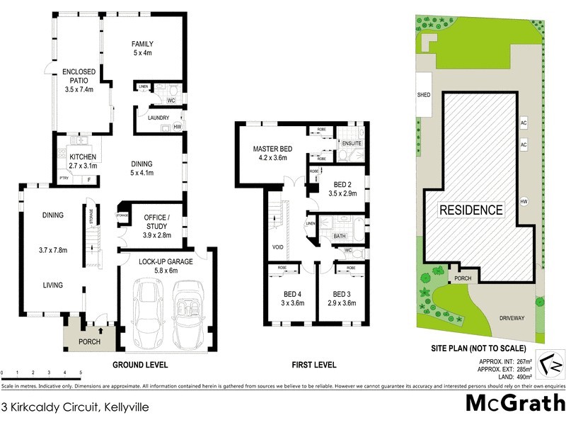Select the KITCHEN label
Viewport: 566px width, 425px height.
coord(83,157)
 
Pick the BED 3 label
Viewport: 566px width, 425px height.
coord(341,294)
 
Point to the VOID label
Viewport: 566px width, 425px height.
coord(278,247)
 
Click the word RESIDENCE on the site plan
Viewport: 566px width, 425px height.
coord(471,210)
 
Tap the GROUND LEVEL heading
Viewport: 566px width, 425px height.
coord(140,365)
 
